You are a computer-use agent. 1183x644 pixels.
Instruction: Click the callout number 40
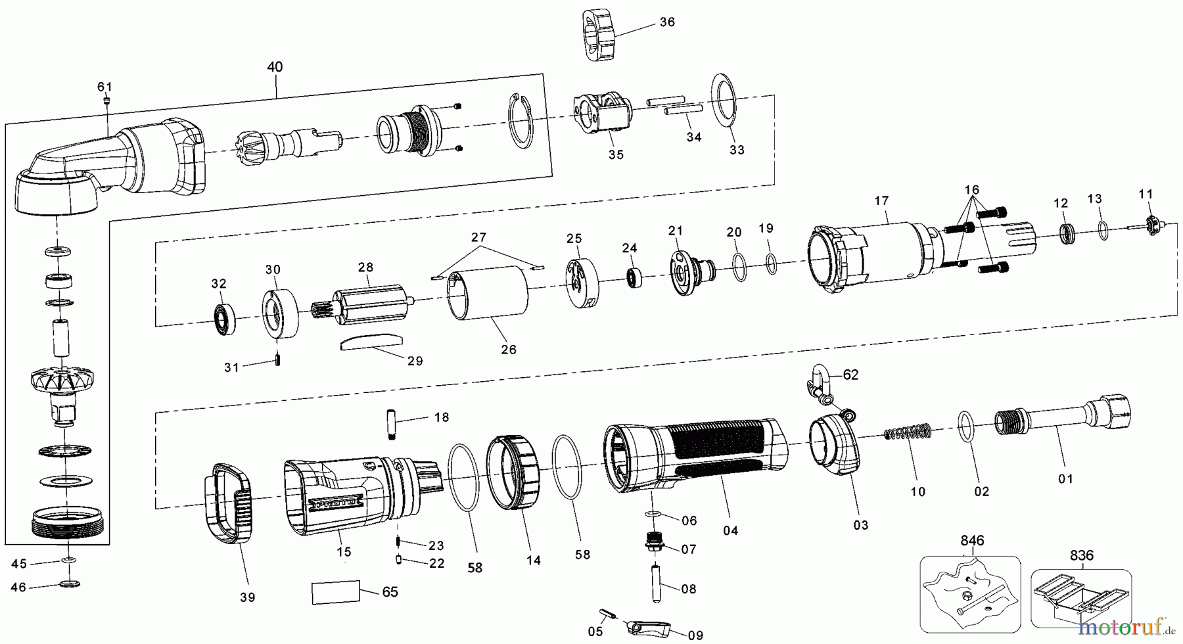coord(275,67)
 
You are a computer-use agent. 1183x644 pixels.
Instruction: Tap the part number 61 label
coord(105,87)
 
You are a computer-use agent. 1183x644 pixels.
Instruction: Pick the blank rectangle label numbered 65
coord(336,591)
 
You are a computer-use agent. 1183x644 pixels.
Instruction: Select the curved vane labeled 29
coord(370,341)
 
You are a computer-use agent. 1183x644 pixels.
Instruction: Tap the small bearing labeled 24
coord(634,276)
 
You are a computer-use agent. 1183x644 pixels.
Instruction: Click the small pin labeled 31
coord(278,360)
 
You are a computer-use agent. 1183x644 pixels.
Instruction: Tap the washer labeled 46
coord(70,583)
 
